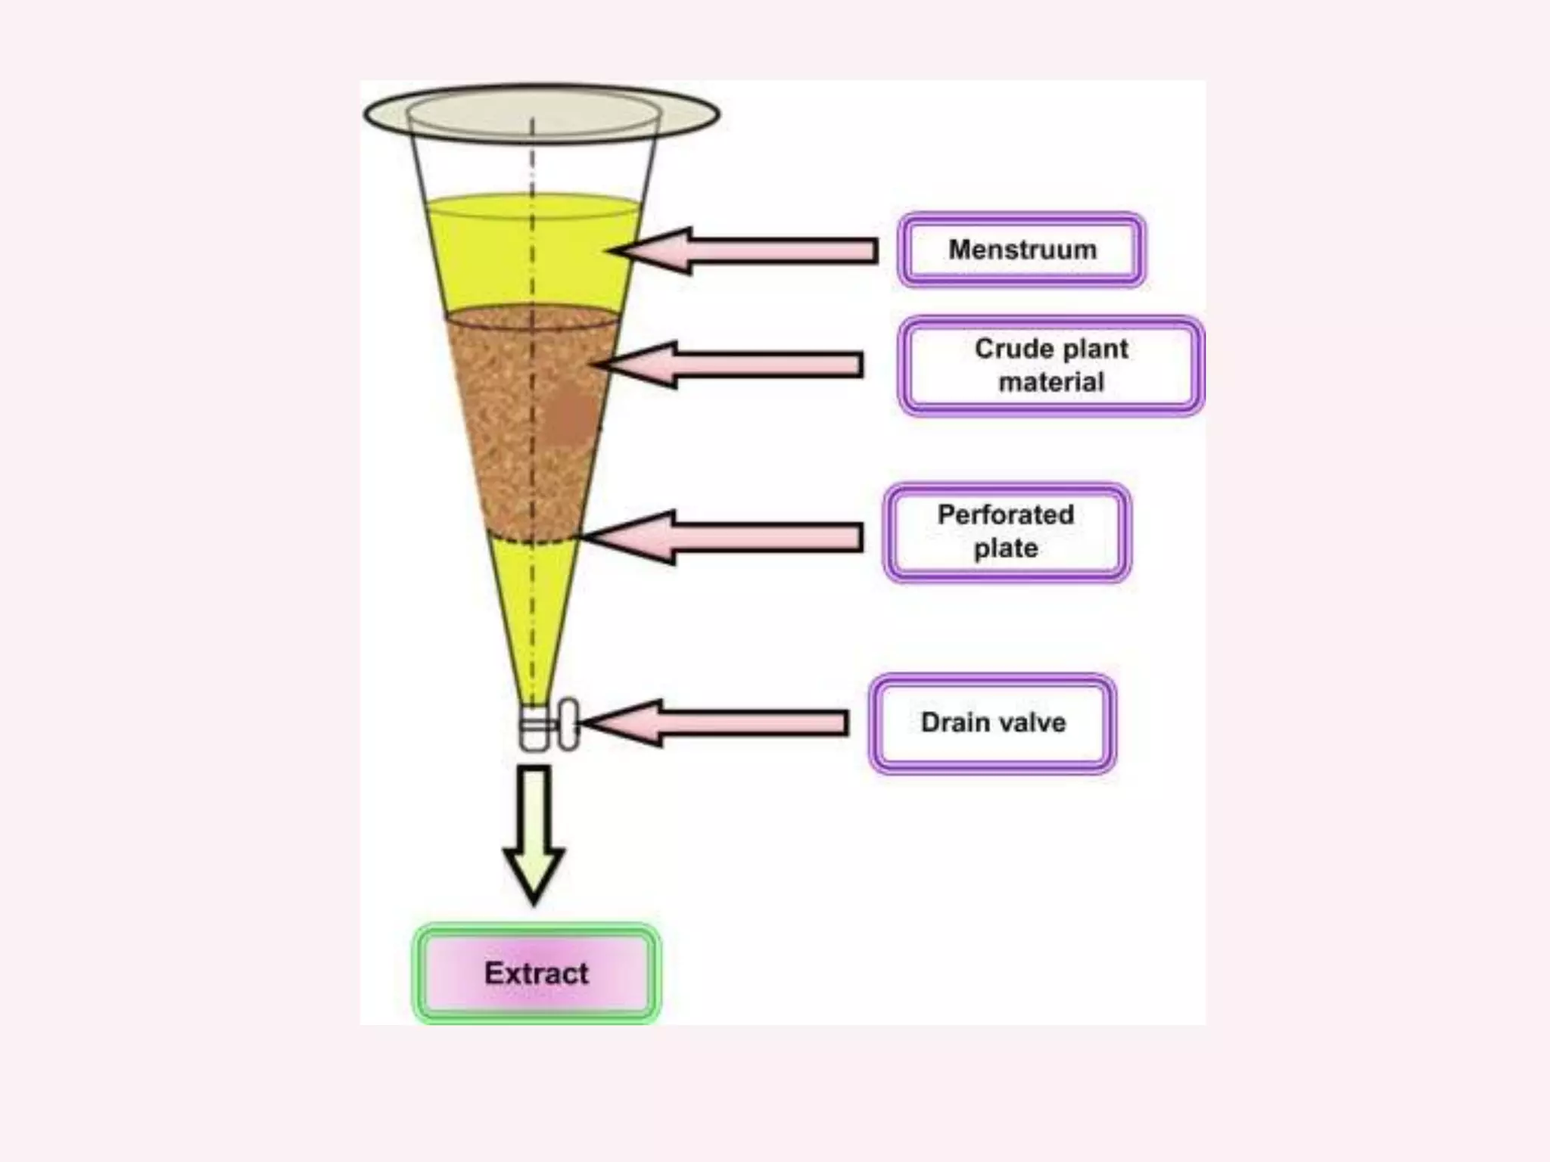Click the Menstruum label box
tap(1022, 250)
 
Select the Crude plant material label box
tap(1051, 365)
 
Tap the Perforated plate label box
tap(1007, 532)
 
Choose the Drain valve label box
tap(993, 723)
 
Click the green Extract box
tap(536, 974)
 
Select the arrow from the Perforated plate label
tap(723, 537)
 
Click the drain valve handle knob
tap(568, 724)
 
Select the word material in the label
tap(1051, 383)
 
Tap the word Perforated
tap(1006, 515)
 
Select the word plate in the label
tap(1006, 549)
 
